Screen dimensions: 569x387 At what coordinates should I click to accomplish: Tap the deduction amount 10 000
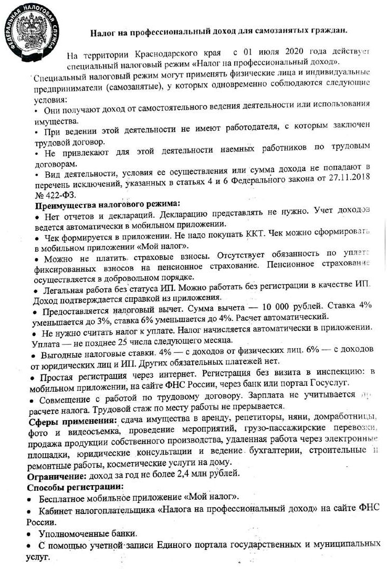pos(248,306)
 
